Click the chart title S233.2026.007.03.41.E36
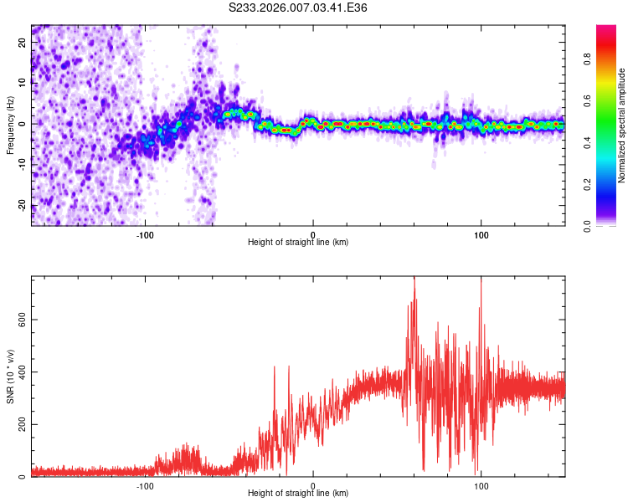pyautogui.click(x=299, y=8)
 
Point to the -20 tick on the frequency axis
pyautogui.click(x=22, y=206)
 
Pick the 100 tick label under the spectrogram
pyautogui.click(x=481, y=235)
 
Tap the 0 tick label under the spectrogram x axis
pyautogui.click(x=313, y=235)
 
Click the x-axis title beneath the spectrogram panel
pyautogui.click(x=298, y=243)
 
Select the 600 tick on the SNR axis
pyautogui.click(x=21, y=320)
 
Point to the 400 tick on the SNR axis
pyautogui.click(x=21, y=372)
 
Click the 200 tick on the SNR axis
pyautogui.click(x=21, y=425)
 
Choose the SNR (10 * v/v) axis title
pyautogui.click(x=10, y=376)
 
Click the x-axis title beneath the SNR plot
pyautogui.click(x=298, y=494)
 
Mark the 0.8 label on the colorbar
pyautogui.click(x=610, y=60)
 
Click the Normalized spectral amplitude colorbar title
pyautogui.click(x=621, y=125)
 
